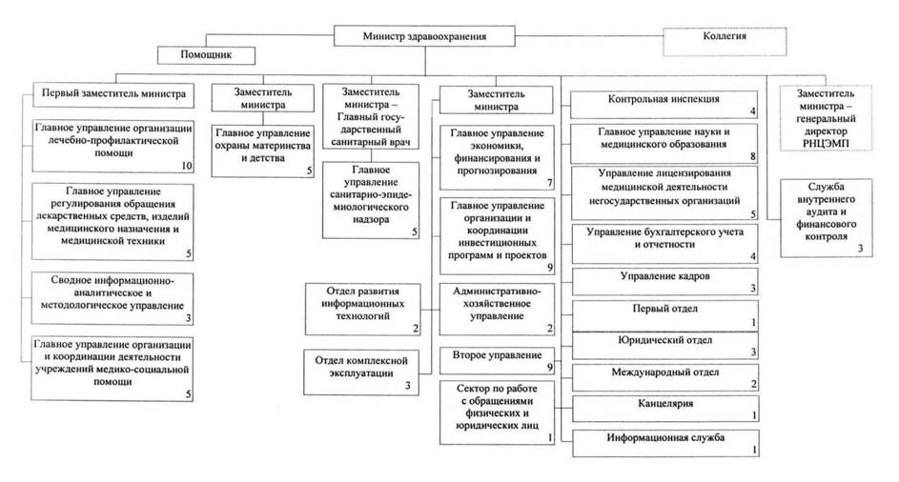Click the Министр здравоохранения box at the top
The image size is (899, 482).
(x=425, y=36)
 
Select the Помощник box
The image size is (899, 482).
(x=204, y=55)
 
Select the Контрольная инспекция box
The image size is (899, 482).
(x=664, y=102)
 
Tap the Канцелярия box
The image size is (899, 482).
(x=664, y=407)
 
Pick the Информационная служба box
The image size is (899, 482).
(x=664, y=440)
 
